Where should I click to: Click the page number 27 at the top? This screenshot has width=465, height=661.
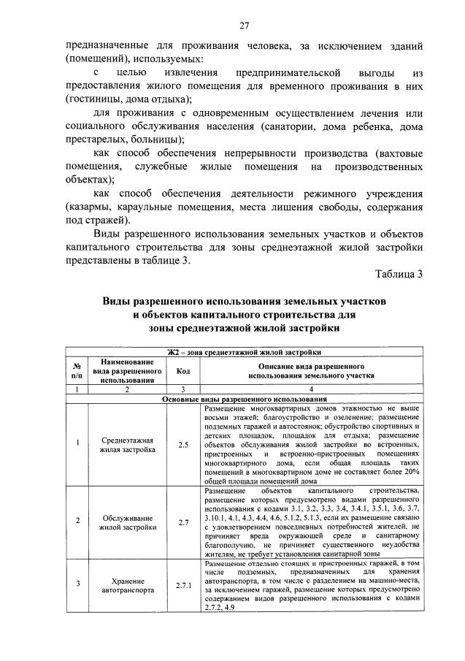pyautogui.click(x=244, y=26)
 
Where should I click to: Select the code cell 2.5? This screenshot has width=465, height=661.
pyautogui.click(x=182, y=444)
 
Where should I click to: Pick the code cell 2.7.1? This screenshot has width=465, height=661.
pyautogui.click(x=182, y=585)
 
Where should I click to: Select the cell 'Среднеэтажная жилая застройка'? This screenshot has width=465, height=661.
pyautogui.click(x=128, y=444)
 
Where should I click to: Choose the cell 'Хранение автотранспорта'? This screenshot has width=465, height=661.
pyautogui.click(x=128, y=585)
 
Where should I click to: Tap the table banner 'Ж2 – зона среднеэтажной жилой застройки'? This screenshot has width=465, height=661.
pyautogui.click(x=244, y=352)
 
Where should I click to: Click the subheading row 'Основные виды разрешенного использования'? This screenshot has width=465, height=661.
pyautogui.click(x=244, y=400)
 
